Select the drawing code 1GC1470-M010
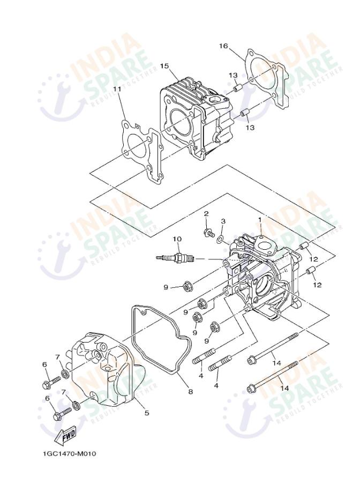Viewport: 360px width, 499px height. pos(70,454)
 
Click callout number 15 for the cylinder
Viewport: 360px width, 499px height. pos(164,65)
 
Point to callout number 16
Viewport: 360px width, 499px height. pos(223,46)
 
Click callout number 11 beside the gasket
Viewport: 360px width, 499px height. pos(117,89)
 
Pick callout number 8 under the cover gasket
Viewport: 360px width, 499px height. pos(190,392)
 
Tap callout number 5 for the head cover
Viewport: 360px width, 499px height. pos(146,413)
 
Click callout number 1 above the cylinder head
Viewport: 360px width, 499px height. pos(260,219)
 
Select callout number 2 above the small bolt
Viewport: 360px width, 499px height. pos(206,214)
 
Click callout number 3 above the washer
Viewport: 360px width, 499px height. pos(223,221)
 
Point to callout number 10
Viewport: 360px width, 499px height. pos(177,238)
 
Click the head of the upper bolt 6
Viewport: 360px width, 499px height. pos(46,384)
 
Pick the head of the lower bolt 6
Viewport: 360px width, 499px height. pos(58,415)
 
